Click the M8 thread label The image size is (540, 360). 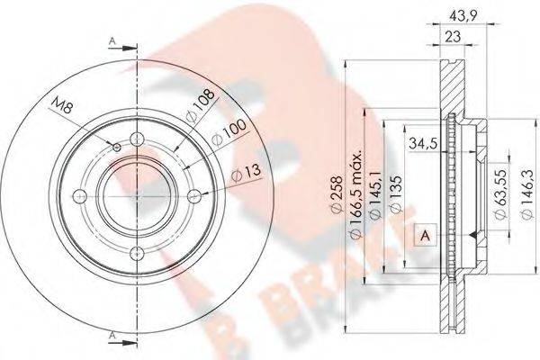(x=63, y=105)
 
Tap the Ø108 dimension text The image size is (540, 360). (x=200, y=105)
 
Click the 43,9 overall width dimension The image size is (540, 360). (x=460, y=15)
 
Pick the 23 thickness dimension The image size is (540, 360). (x=453, y=36)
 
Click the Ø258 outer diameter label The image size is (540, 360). (x=337, y=193)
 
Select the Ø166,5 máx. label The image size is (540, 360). (x=356, y=193)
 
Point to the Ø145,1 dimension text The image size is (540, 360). (x=374, y=193)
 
